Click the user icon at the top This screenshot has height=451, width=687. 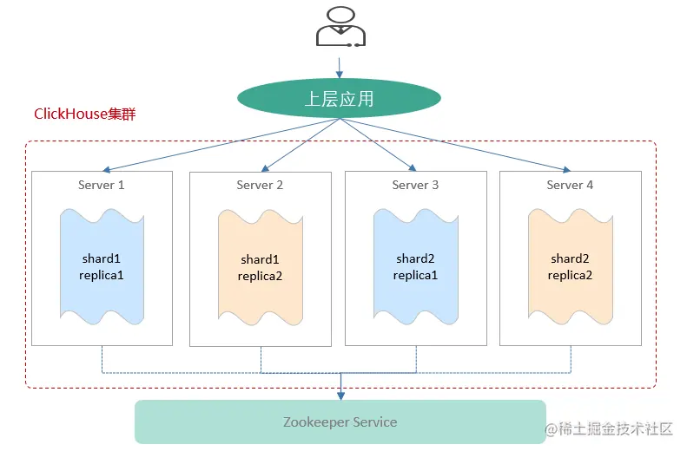click(340, 26)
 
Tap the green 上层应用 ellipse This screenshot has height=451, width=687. click(340, 99)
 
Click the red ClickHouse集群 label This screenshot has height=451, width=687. click(85, 114)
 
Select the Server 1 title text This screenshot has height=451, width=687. click(102, 185)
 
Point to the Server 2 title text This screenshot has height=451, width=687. click(260, 185)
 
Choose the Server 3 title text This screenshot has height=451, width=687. click(415, 185)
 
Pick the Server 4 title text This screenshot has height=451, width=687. click(570, 185)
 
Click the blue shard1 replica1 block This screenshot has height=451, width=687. click(102, 266)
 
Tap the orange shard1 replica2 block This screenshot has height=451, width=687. click(261, 267)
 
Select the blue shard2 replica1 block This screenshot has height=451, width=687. click(416, 266)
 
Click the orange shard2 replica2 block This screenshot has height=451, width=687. click(571, 266)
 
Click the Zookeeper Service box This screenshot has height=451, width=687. click(340, 422)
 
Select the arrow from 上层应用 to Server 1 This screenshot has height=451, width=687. click(217, 144)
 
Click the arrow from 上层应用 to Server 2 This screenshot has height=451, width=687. click(300, 144)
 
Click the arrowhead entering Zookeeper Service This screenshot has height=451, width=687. click(340, 395)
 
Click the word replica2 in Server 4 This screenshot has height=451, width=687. click(571, 275)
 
